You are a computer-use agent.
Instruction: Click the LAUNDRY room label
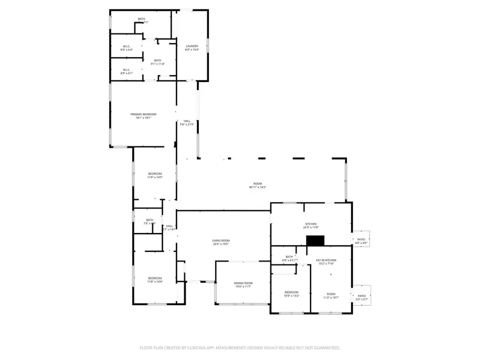click(x=192, y=46)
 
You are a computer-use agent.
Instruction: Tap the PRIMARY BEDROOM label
click(x=143, y=115)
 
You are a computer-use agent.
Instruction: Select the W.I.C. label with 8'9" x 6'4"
click(x=126, y=46)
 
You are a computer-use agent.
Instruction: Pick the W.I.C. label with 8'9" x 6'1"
click(x=126, y=70)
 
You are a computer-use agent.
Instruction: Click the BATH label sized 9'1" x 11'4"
click(x=158, y=61)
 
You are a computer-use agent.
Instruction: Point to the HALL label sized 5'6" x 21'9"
click(x=187, y=121)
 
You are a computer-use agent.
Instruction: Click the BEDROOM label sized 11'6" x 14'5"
click(x=155, y=174)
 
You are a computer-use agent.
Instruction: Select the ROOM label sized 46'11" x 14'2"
click(x=257, y=184)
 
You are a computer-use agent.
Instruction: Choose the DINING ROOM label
click(x=243, y=283)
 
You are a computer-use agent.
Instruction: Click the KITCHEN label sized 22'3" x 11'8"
click(x=311, y=224)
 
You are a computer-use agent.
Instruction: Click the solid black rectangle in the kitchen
click(x=315, y=241)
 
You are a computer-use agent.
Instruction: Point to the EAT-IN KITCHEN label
click(x=326, y=260)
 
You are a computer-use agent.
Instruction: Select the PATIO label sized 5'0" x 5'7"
click(x=362, y=295)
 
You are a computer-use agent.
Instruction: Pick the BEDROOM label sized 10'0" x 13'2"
click(x=292, y=292)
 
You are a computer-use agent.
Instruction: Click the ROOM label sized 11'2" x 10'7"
click(x=331, y=293)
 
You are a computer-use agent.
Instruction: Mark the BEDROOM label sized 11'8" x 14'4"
click(x=155, y=278)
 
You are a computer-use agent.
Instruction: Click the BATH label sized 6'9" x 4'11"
click(x=289, y=257)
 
